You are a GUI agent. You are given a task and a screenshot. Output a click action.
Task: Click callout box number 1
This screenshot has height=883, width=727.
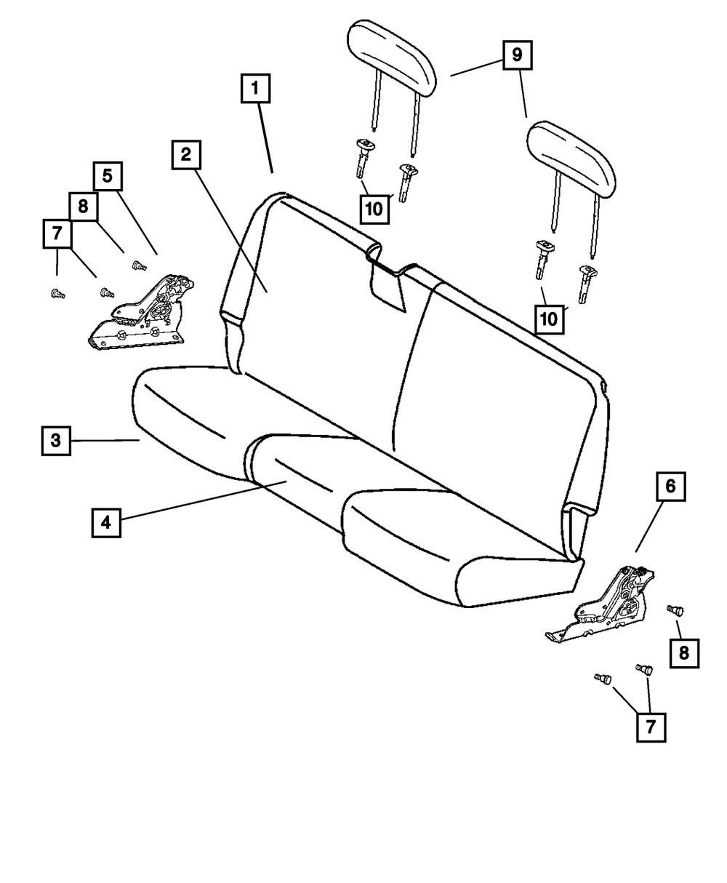coord(254,91)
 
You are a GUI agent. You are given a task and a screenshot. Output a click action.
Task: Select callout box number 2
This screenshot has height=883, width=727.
coord(186,154)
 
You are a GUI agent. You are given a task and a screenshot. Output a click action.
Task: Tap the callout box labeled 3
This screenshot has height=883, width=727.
coord(55,440)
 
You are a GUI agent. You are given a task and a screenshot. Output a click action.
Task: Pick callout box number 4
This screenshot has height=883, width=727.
coord(106,522)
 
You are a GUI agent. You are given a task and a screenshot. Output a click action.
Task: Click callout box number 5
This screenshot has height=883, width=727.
coord(108,175)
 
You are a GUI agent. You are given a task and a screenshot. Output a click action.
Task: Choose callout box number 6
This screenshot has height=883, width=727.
coord(670,487)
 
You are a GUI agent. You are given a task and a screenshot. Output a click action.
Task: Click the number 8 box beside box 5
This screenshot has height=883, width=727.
coord(83,206)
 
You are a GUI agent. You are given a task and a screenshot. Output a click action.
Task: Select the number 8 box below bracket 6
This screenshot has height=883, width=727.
coord(683,652)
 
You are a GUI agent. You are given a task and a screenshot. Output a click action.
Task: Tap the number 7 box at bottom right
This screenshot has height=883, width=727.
coord(651,726)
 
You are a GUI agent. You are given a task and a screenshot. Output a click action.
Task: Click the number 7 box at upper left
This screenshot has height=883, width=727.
coord(57,234)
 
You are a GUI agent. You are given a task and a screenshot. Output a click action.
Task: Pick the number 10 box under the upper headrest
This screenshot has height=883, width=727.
coord(374,208)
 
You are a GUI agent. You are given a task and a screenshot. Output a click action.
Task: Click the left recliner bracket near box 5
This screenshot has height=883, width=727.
coord(142,314)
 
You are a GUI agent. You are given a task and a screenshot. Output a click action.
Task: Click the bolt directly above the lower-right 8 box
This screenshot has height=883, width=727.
coord(672,611)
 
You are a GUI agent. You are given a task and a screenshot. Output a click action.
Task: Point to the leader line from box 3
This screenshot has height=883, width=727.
coord(105,440)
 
